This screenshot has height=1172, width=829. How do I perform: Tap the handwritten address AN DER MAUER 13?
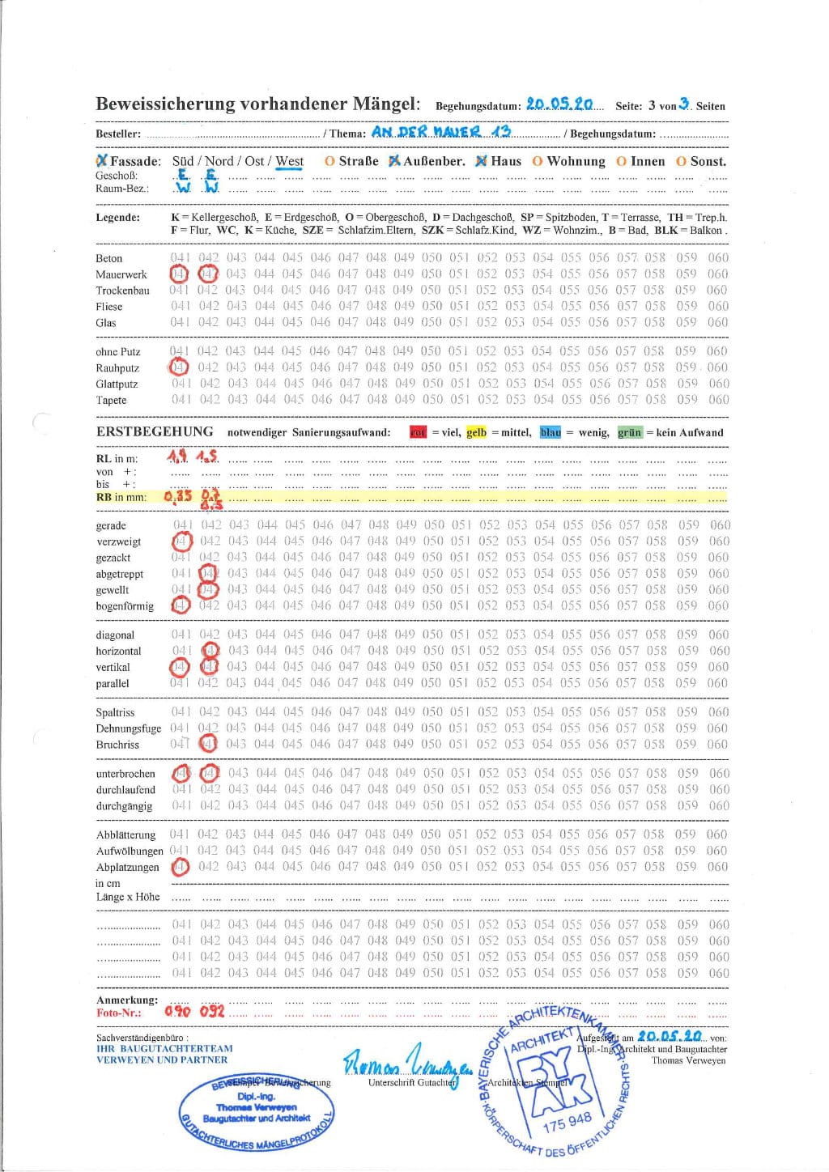[441, 132]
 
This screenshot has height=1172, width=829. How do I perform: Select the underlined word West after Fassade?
[289, 161]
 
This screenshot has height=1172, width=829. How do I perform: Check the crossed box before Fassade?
[101, 161]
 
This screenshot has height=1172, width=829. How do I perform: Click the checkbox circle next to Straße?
[329, 161]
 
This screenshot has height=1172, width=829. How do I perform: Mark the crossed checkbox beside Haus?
[481, 161]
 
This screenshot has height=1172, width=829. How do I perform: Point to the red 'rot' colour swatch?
[418, 432]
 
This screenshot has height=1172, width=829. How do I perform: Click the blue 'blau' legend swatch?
[551, 432]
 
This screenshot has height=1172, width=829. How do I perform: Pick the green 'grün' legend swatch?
[629, 432]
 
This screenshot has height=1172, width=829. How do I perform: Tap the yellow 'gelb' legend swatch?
[476, 432]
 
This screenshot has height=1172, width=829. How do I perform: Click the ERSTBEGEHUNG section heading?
[155, 431]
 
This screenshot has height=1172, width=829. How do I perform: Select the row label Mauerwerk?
[121, 274]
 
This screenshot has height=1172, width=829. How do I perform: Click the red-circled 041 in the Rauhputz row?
[179, 367]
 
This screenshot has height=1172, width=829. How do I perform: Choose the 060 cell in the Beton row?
[718, 258]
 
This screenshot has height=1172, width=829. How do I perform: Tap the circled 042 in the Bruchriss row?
[209, 744]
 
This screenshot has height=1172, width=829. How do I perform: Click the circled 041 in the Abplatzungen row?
[180, 867]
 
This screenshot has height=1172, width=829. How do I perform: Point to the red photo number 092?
[211, 1011]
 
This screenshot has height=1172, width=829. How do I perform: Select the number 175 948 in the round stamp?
[567, 1121]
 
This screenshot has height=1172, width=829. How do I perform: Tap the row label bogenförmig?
[125, 606]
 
